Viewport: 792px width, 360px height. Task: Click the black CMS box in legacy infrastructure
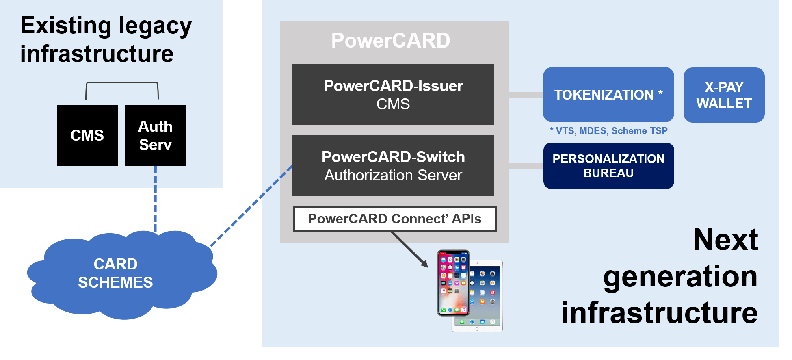[x=87, y=135]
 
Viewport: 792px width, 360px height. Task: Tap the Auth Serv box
[x=155, y=135]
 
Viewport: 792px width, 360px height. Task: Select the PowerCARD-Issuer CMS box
[x=393, y=95]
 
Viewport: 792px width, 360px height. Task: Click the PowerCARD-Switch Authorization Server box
[x=393, y=166]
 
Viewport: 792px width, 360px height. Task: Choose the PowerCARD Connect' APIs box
[x=394, y=219]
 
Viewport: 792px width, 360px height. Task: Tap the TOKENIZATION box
[x=608, y=95]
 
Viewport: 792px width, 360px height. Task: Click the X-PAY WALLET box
[x=724, y=95]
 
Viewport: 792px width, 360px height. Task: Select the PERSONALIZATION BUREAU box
[x=608, y=166]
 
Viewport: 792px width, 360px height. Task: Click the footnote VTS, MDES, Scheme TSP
[x=608, y=131]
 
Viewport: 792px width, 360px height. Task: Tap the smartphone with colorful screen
[x=453, y=283]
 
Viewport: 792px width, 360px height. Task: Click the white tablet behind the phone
[x=487, y=301]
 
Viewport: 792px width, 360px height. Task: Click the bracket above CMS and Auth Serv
[x=122, y=83]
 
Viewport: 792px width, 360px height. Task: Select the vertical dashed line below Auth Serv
[x=155, y=199]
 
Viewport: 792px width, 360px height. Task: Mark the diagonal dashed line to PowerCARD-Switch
[x=252, y=206]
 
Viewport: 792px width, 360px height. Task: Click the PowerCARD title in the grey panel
[x=390, y=41]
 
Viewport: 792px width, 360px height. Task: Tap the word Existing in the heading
[x=65, y=26]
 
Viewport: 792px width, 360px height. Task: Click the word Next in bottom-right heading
[x=725, y=240]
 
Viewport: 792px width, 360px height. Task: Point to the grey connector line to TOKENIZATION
[x=526, y=95]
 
